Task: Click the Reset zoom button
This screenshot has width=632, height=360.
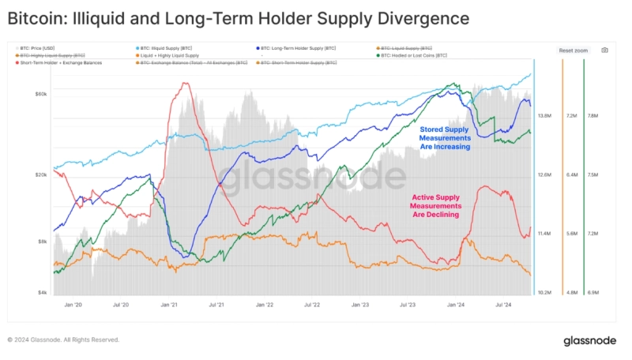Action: coord(573,50)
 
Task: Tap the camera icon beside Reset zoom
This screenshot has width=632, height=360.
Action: coord(604,50)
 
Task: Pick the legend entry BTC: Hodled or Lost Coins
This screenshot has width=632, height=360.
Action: coord(414,56)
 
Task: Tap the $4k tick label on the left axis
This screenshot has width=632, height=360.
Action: coord(44,293)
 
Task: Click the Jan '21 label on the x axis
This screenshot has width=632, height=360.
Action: coord(169,304)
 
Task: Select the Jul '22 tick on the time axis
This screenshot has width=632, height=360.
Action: coord(311,304)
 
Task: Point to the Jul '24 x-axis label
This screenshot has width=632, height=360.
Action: coord(502,304)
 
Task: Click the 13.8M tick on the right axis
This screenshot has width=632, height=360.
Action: coord(544,116)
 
